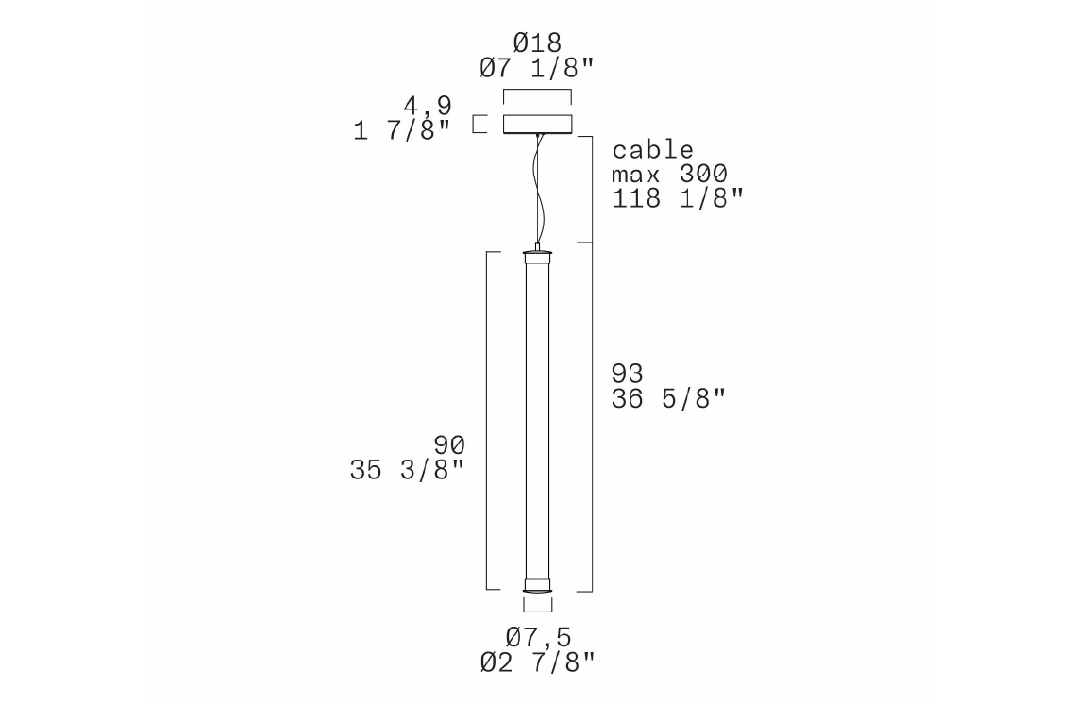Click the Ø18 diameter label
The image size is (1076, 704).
(537, 43)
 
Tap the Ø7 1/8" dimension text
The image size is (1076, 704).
(537, 68)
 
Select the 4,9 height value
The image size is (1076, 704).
(428, 106)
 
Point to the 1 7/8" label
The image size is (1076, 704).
(402, 129)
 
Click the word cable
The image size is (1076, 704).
(652, 150)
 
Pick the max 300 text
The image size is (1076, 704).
(669, 175)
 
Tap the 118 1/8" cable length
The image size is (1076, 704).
(678, 198)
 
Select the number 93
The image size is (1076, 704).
(628, 374)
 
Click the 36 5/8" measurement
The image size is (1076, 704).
(668, 398)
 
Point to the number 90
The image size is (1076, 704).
(449, 445)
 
